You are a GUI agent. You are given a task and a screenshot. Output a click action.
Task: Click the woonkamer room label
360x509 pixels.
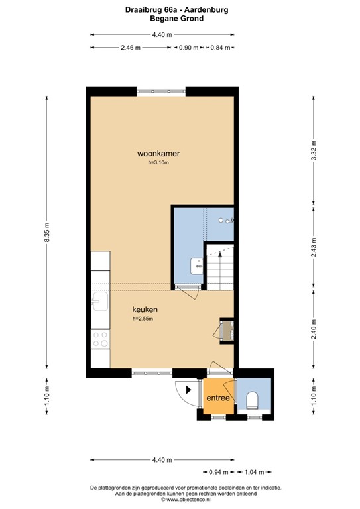coord(158,154)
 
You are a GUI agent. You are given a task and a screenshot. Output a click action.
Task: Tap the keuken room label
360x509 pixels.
coord(145,310)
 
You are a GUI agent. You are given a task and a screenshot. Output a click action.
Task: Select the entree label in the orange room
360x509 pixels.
coord(218,398)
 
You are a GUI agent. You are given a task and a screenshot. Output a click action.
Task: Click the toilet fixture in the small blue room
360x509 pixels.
coord(252,400)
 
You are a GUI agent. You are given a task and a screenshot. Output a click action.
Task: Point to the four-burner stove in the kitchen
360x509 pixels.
coord(101,339)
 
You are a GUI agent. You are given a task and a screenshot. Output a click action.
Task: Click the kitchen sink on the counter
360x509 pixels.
coord(101,304)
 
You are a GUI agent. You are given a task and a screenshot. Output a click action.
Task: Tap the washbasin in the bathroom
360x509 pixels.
coord(197,266)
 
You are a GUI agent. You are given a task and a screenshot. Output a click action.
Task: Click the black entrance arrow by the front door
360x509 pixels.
coord(190,390)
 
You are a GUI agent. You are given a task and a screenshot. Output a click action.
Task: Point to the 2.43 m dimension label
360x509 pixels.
coord(313,247)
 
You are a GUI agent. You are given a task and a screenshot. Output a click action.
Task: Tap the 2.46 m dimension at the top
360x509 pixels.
coord(131,48)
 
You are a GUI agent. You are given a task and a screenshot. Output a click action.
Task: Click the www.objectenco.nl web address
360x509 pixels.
coord(180,499)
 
